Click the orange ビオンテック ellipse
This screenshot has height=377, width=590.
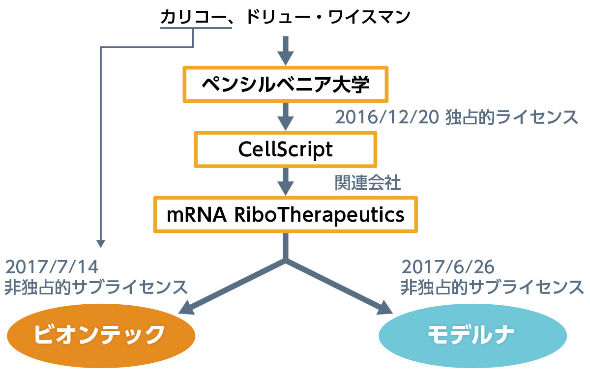[101, 336]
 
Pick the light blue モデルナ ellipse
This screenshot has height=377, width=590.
[472, 336]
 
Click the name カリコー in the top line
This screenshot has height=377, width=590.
[194, 17]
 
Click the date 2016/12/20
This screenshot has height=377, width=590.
[387, 117]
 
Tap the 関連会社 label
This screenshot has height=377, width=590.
[368, 182]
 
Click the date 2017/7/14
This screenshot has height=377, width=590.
[52, 267]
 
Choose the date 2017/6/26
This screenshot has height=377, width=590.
[448, 267]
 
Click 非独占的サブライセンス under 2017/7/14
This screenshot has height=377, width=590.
[96, 287]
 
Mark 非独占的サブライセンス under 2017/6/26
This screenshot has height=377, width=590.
[492, 287]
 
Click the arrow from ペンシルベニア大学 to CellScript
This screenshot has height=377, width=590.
[286, 116]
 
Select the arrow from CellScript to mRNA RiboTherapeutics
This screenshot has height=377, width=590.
[286, 182]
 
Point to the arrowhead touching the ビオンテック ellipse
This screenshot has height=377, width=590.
[186, 308]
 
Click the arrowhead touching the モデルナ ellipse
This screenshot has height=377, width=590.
[385, 308]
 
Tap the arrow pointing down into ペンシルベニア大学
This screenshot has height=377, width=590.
[286, 51]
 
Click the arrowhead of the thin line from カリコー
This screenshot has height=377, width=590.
[101, 243]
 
